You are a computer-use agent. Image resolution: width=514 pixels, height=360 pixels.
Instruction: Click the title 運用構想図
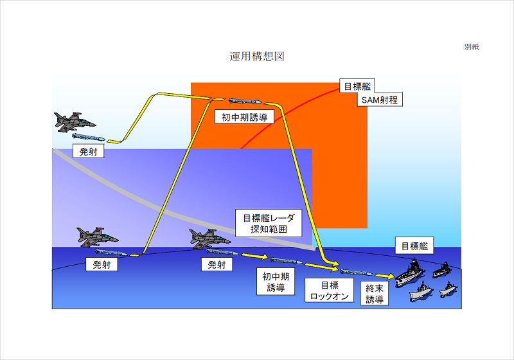pos(257,57)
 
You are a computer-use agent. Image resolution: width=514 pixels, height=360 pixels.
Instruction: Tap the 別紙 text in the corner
pos(472,47)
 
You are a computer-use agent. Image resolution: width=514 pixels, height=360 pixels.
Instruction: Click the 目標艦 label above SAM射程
pos(357,86)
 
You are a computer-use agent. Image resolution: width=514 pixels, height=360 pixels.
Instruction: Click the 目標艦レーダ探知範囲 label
pos(268,222)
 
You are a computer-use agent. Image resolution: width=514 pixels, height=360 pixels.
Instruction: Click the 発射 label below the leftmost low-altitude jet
pos(102,264)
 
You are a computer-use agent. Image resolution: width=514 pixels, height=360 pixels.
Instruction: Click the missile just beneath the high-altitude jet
pos(87,137)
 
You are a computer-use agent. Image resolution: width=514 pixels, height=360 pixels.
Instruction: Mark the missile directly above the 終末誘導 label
pos(356,272)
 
